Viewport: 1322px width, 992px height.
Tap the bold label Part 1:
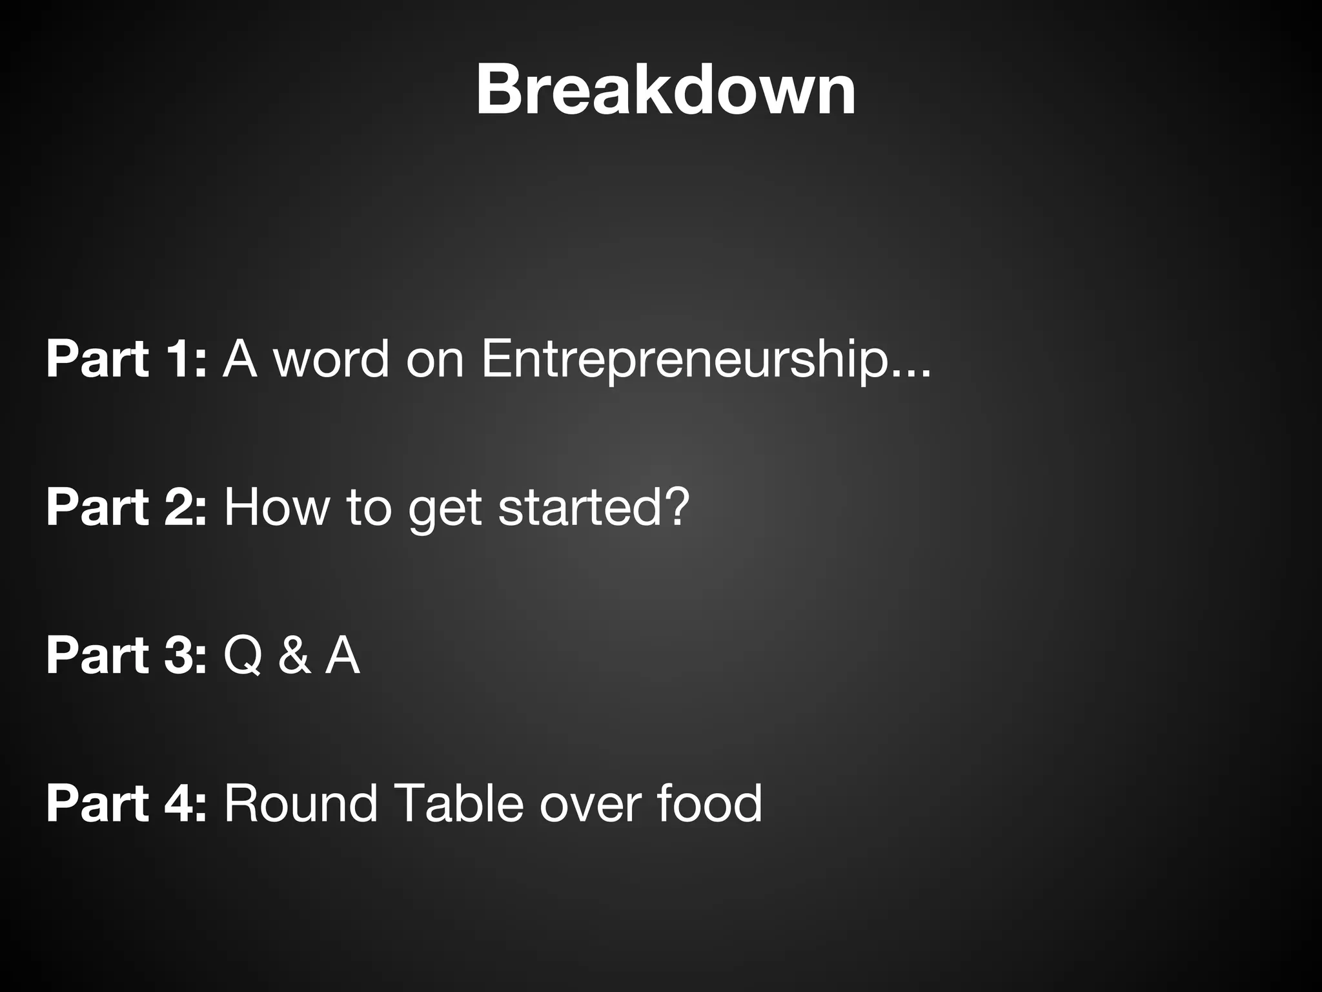pyautogui.click(x=127, y=359)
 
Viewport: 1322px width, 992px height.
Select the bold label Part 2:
pyautogui.click(x=127, y=508)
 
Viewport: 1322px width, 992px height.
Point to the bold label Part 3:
pyautogui.click(x=127, y=656)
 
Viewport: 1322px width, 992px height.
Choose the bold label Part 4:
pyautogui.click(x=127, y=803)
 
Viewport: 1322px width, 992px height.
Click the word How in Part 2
pyautogui.click(x=277, y=508)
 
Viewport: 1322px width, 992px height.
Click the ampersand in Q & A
pyautogui.click(x=294, y=656)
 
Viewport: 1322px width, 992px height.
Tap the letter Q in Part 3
pyautogui.click(x=243, y=656)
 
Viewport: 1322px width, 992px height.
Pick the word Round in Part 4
pyautogui.click(x=301, y=803)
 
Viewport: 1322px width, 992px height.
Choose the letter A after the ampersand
pyautogui.click(x=342, y=656)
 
